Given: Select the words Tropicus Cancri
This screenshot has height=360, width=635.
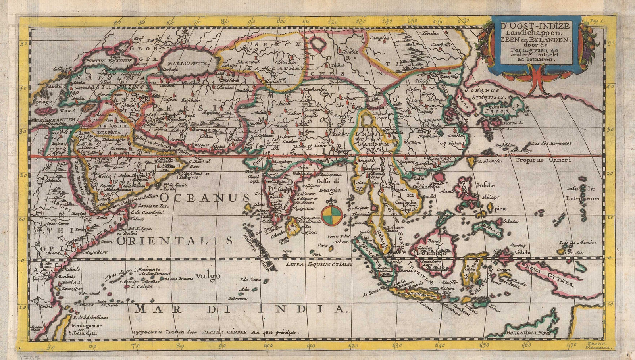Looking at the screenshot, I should [x=543, y=160].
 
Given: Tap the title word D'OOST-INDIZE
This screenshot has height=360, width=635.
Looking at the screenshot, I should [x=535, y=26].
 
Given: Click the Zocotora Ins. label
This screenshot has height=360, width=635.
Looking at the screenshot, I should [x=153, y=206].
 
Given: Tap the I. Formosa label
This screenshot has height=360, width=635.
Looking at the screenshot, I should [x=489, y=161].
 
